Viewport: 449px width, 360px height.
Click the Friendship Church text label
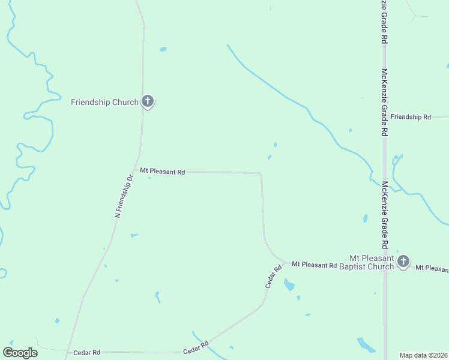click(x=104, y=102)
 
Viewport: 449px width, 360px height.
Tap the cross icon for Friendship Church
click(x=148, y=101)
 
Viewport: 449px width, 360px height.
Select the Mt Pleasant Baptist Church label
click(x=367, y=262)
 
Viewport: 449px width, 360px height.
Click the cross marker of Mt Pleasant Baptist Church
click(x=403, y=261)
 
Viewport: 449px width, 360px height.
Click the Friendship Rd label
click(x=411, y=117)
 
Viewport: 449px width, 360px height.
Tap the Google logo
click(x=20, y=352)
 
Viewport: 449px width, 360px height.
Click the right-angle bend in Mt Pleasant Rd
click(x=260, y=173)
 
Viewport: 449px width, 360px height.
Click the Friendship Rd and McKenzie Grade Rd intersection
click(x=385, y=117)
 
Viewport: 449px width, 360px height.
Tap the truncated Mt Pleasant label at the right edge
click(x=432, y=268)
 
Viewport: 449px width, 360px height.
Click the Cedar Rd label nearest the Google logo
click(x=86, y=352)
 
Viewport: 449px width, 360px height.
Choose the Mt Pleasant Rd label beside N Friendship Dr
click(x=162, y=171)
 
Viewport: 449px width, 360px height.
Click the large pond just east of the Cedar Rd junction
click(x=289, y=284)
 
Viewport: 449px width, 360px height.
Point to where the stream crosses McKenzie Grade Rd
click(x=385, y=186)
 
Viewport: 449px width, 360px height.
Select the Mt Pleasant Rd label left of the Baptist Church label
click(x=314, y=265)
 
